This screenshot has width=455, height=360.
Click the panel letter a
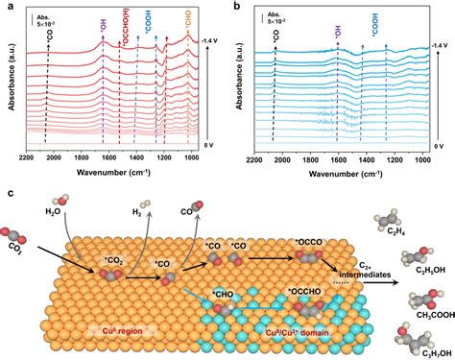(8, 8)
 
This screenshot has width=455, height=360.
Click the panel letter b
(236, 8)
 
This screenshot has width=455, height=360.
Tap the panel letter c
(8, 192)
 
